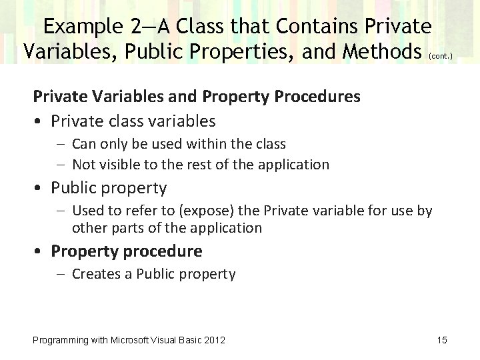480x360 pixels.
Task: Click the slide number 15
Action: (442, 341)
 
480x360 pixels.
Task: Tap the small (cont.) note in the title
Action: (437, 57)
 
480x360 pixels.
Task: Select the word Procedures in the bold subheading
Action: (317, 97)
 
